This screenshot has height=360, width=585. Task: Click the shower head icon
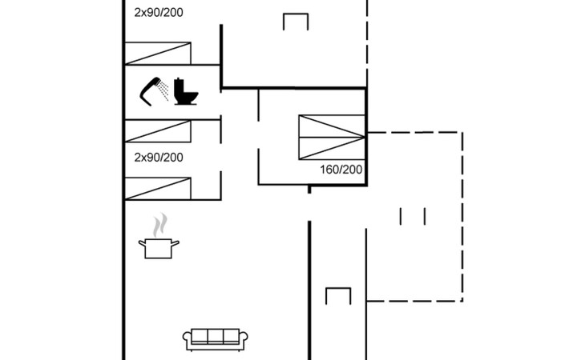click(154, 89)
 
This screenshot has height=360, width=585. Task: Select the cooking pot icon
click(159, 247)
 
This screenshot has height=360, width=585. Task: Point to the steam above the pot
click(161, 222)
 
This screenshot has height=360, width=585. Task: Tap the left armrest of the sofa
click(188, 339)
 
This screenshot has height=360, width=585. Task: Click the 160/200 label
click(341, 170)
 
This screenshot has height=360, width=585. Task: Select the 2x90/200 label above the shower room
click(159, 12)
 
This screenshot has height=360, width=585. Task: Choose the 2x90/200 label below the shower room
click(159, 157)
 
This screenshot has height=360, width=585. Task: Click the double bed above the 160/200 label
click(332, 137)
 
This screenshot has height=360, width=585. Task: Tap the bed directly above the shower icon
click(158, 53)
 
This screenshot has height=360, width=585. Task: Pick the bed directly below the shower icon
click(158, 131)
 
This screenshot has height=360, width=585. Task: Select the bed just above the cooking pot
click(158, 188)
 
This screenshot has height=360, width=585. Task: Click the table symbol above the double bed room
click(296, 22)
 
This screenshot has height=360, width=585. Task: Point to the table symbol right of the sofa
click(338, 295)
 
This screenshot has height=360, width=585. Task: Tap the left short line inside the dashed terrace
click(401, 216)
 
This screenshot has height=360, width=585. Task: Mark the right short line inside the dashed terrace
click(424, 216)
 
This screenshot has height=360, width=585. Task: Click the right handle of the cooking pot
click(176, 242)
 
